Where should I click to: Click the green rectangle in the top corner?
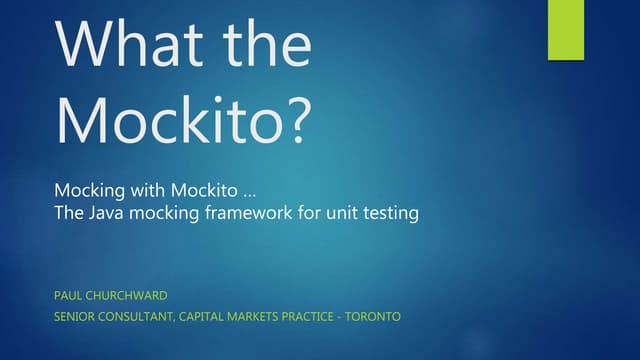(565, 30)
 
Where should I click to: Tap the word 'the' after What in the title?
(259, 45)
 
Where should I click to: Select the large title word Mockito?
(165, 118)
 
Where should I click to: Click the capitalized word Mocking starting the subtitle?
(90, 190)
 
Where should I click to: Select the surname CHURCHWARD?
(130, 295)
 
